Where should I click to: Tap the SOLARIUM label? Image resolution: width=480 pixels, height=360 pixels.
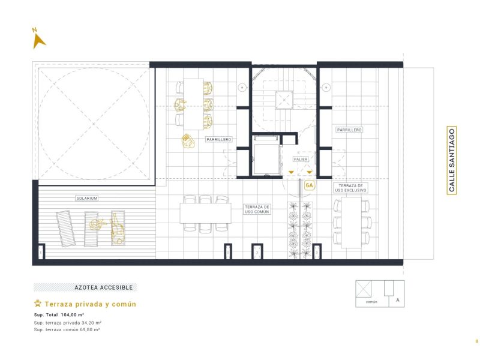click(86, 198)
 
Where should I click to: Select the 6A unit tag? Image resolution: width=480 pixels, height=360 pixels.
click(310, 185)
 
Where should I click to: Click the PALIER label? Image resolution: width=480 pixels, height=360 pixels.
click(301, 159)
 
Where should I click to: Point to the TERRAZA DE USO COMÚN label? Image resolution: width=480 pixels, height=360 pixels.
click(257, 209)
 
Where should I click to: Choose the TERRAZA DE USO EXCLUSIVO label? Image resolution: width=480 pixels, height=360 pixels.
click(352, 188)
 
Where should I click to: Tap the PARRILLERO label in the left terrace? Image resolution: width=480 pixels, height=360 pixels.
click(218, 139)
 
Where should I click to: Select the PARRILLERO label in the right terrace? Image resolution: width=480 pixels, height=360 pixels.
click(349, 130)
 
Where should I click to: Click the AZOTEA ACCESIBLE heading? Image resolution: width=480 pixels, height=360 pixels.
click(85, 287)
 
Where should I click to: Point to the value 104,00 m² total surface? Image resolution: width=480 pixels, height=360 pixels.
click(73, 314)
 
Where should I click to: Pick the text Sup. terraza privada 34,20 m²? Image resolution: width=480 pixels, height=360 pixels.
click(67, 323)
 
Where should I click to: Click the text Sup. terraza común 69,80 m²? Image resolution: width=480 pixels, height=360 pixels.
click(67, 330)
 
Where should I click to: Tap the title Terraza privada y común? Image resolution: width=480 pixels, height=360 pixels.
click(90, 304)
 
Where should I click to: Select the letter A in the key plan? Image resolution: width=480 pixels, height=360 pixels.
click(397, 299)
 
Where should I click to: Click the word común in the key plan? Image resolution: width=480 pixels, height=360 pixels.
click(371, 302)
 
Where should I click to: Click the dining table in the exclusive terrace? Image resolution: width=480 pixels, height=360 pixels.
click(351, 223)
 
